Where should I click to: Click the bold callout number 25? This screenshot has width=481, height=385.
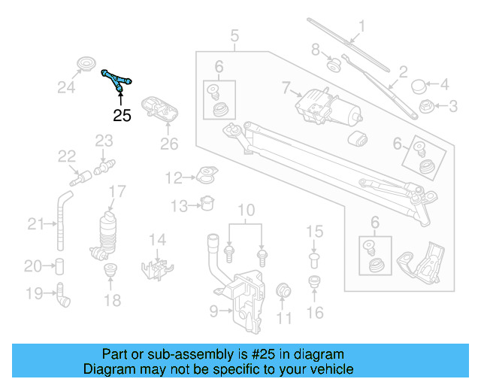pyautogui.click(x=122, y=115)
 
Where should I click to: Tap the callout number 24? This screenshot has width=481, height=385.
pyautogui.click(x=67, y=88)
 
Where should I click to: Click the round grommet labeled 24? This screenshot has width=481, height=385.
pyautogui.click(x=87, y=65)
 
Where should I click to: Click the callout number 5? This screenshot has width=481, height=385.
pyautogui.click(x=234, y=35)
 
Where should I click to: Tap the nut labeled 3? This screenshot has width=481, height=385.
pyautogui.click(x=427, y=107)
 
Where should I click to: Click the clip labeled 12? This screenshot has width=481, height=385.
pyautogui.click(x=204, y=178)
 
